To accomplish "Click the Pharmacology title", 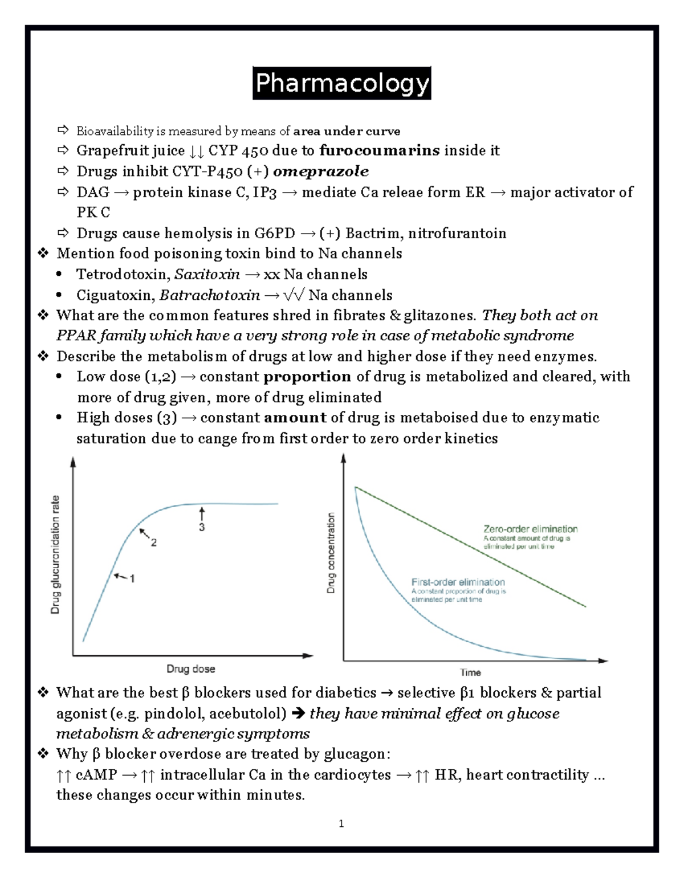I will click(x=342, y=83).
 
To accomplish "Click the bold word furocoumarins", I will click(x=379, y=150).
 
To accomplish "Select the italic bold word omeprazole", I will click(x=320, y=172).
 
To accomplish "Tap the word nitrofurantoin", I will click(x=457, y=234).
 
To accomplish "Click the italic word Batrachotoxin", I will click(x=209, y=295).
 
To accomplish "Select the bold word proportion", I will click(x=307, y=377).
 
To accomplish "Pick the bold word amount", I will click(x=295, y=418).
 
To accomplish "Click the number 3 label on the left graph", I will click(x=202, y=528).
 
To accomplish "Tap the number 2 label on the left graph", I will click(x=154, y=543).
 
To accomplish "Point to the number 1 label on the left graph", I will click(x=132, y=579).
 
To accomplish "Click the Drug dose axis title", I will click(x=190, y=669).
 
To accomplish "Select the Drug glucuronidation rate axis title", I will click(x=55, y=554).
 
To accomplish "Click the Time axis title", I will click(x=470, y=672).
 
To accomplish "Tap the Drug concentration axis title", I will click(x=331, y=553).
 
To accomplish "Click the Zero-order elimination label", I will click(x=530, y=529).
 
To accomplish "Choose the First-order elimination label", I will click(x=458, y=582).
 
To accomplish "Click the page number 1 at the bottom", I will click(x=341, y=823).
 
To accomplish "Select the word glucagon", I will click(x=355, y=755).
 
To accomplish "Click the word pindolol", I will click(x=174, y=713).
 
